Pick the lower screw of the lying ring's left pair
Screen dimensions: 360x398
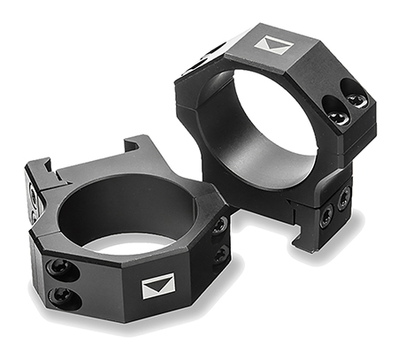tap(63, 295)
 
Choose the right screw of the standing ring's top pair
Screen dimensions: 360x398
tap(358, 100)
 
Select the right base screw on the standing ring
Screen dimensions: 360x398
tap(343, 198)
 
